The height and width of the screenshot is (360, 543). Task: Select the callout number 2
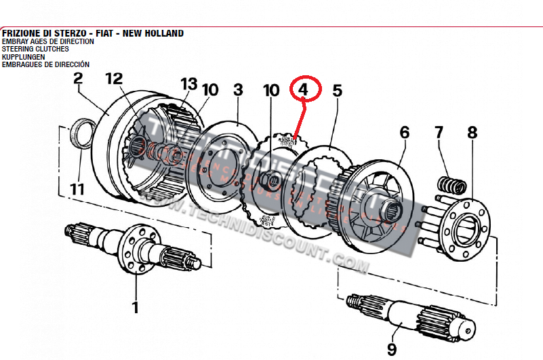tap(78, 79)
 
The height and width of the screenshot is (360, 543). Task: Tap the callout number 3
tap(238, 90)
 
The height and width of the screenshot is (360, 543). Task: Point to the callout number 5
tap(337, 90)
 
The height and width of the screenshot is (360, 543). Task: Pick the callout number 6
tap(405, 132)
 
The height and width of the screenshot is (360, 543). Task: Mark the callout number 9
tap(392, 348)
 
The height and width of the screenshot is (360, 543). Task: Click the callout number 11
tap(78, 189)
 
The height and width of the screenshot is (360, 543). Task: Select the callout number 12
tap(113, 79)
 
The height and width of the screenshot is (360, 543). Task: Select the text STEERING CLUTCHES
tap(35, 49)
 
